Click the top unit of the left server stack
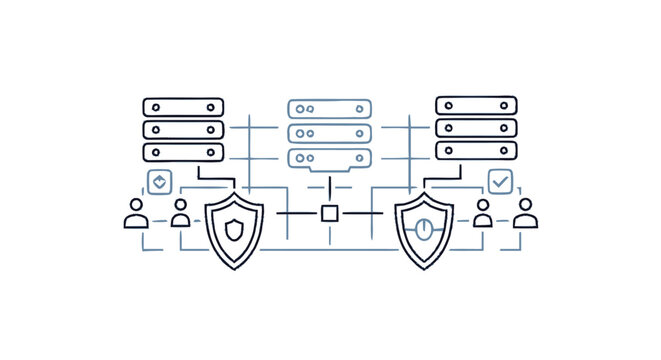click(183, 107)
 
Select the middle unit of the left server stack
click(183, 129)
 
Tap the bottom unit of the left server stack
click(183, 152)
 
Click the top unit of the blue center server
click(328, 109)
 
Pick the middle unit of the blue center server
click(328, 133)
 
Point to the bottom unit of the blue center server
click(328, 157)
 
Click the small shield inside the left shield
click(233, 231)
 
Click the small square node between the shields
click(329, 213)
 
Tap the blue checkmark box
click(500, 182)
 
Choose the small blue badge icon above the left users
click(158, 181)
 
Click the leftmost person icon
click(136, 213)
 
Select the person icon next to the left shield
click(181, 213)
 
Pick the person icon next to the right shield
click(483, 213)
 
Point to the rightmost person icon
click(526, 213)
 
